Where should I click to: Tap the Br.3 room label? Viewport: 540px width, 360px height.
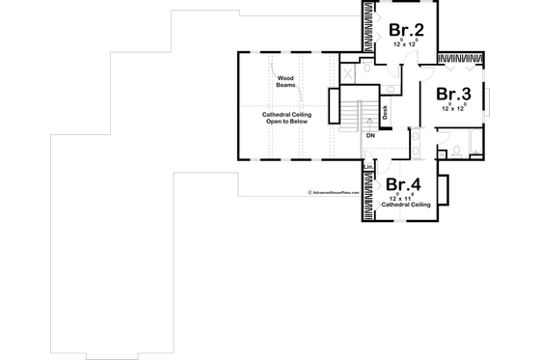coord(452,95)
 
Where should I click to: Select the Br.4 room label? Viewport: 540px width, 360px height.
coord(401,184)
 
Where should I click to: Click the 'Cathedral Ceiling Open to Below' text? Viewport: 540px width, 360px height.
coord(285,120)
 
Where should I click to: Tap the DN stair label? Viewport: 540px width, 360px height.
coord(369,135)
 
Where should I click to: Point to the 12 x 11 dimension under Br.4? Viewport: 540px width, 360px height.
coord(400,198)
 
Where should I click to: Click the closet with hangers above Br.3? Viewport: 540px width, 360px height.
coord(461,60)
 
